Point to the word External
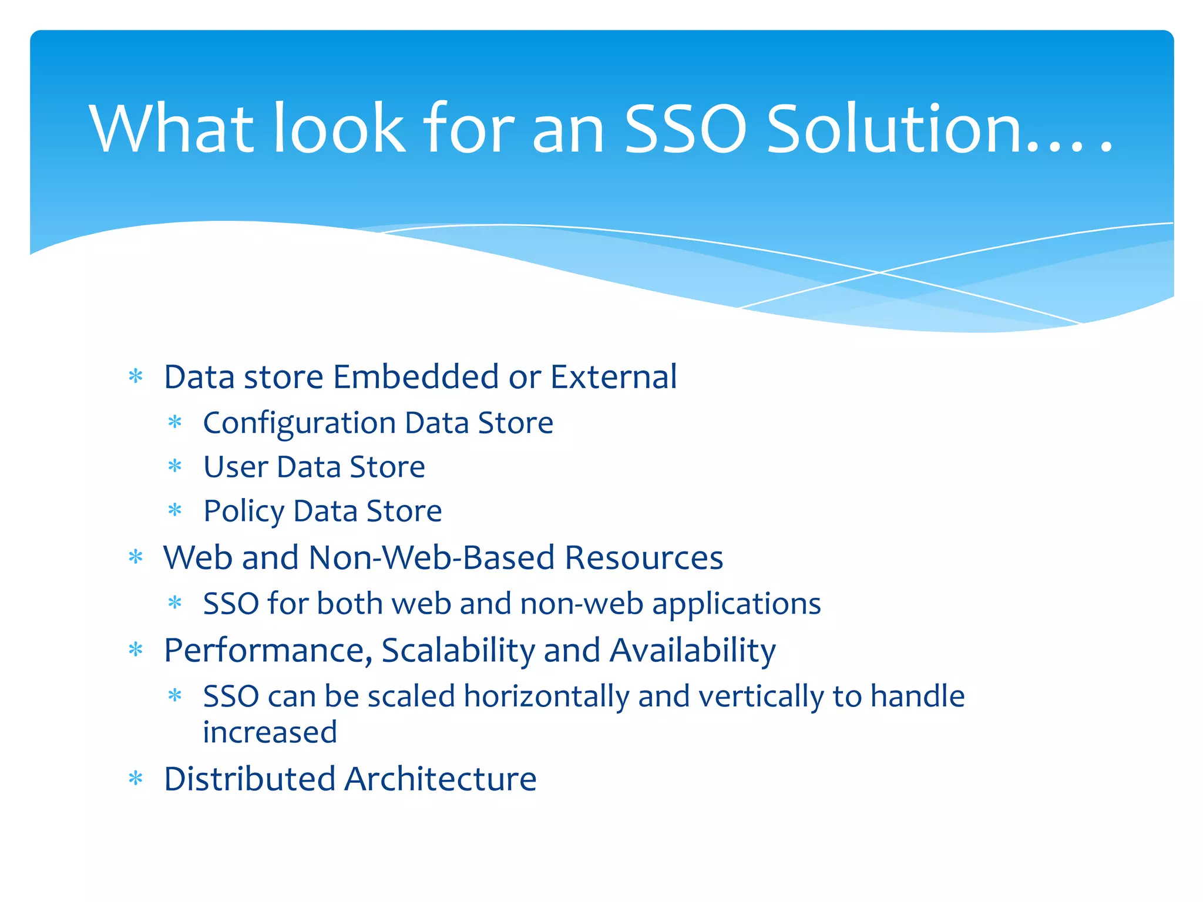click(x=613, y=376)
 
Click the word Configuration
click(x=299, y=423)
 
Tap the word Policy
click(x=243, y=511)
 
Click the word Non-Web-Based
click(x=431, y=557)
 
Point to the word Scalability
click(x=458, y=651)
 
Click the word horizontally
click(x=546, y=697)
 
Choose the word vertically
click(x=760, y=697)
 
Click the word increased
click(x=270, y=732)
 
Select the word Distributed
click(x=249, y=779)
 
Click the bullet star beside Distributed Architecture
click(x=136, y=779)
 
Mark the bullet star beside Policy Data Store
click(x=175, y=510)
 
